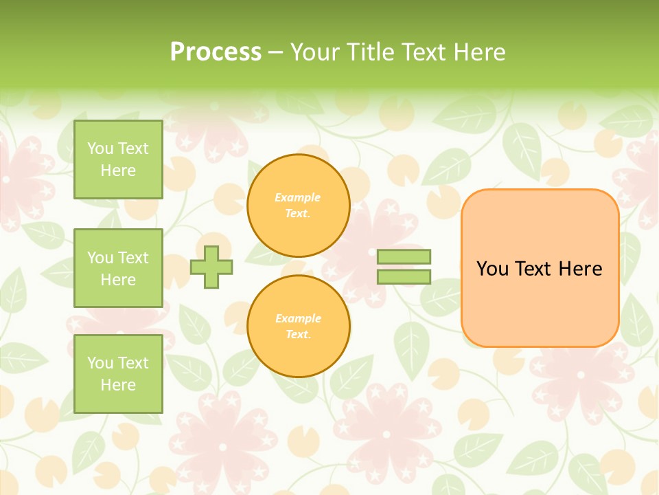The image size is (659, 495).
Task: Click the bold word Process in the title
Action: click(x=216, y=52)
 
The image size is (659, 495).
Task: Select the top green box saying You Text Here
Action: click(x=118, y=159)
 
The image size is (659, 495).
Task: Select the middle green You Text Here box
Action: click(x=118, y=268)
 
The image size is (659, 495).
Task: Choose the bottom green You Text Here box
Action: click(x=118, y=373)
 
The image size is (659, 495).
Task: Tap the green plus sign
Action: click(x=211, y=267)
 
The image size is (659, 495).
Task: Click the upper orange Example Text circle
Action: click(x=298, y=206)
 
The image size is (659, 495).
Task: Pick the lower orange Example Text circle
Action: click(x=298, y=327)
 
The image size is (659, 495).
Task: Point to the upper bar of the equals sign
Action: click(x=404, y=257)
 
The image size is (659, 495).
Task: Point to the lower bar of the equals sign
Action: click(x=404, y=276)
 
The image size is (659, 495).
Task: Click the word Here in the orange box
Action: click(x=580, y=268)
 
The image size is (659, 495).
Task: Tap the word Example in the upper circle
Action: click(x=298, y=197)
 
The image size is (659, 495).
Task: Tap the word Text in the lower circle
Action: click(x=298, y=335)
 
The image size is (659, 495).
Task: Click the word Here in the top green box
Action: click(x=118, y=170)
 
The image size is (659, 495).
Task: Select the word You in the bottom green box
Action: click(x=100, y=362)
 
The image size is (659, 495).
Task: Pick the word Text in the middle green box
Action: click(x=133, y=257)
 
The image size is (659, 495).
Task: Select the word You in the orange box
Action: click(x=492, y=268)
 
